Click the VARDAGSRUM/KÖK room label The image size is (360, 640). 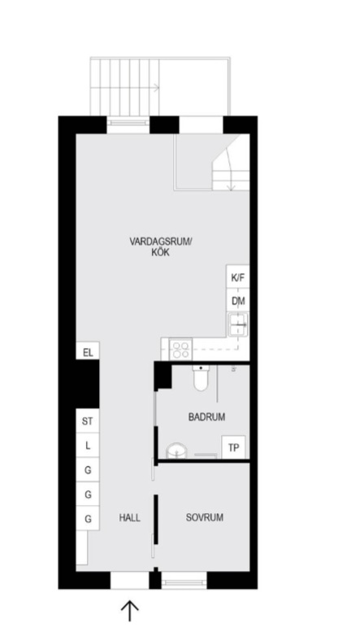(x=160, y=246)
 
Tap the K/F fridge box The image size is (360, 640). (x=237, y=276)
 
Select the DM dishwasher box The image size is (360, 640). (x=237, y=300)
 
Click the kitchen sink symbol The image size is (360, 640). (x=237, y=324)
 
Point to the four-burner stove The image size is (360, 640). (x=180, y=350)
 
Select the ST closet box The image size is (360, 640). (x=88, y=420)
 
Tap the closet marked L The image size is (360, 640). (x=88, y=446)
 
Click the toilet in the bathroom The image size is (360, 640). (x=200, y=377)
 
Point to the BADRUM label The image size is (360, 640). (x=206, y=416)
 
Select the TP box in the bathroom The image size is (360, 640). (x=233, y=447)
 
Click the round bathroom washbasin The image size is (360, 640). (x=177, y=451)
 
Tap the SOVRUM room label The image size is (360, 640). (x=205, y=517)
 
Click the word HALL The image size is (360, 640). (x=130, y=518)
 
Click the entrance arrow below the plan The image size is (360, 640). (x=130, y=611)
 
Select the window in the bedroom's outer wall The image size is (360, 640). (x=184, y=580)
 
